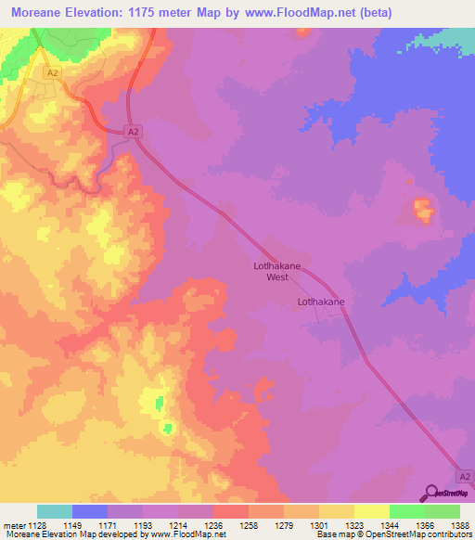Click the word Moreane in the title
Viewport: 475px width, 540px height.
[x=38, y=13]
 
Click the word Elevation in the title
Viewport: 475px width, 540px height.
[x=110, y=13]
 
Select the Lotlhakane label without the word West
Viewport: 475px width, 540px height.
[x=321, y=302]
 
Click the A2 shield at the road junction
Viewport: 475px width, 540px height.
[x=135, y=133]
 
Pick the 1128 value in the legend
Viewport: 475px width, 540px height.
[x=37, y=524]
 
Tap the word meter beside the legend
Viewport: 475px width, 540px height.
[x=13, y=524]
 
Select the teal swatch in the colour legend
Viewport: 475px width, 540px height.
[x=55, y=511]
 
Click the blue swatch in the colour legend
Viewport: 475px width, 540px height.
[x=90, y=511]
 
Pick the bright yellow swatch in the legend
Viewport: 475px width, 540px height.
[x=372, y=511]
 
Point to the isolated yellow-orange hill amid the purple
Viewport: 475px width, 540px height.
[x=422, y=211]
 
